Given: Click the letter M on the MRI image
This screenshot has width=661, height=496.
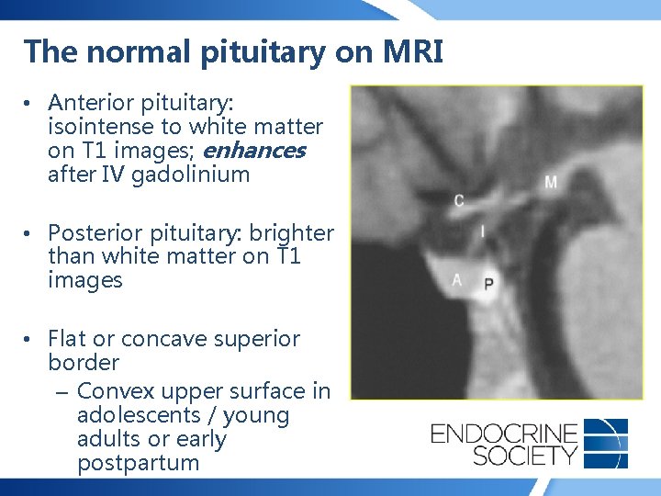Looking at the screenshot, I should (551, 182).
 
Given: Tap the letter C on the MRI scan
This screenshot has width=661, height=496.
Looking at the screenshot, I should (459, 200).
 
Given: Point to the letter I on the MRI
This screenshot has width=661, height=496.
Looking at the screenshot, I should (483, 232).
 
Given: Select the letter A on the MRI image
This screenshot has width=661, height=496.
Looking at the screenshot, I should (457, 279).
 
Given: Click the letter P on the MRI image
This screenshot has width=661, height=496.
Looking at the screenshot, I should (488, 283).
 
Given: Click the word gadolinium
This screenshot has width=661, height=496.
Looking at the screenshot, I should (191, 175).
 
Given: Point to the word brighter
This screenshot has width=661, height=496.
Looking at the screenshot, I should (292, 233).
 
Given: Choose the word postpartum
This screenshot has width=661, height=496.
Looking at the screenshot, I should (138, 463).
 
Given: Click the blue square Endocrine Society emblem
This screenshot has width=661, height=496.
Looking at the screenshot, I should (606, 443).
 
